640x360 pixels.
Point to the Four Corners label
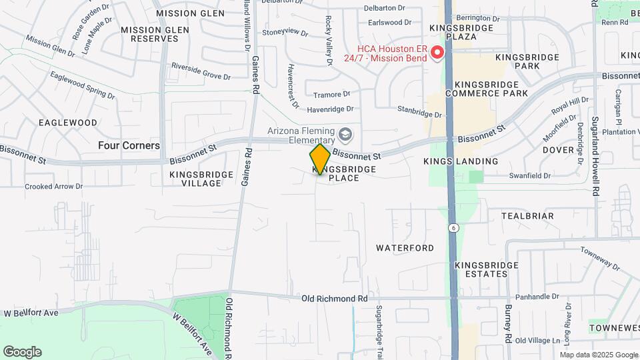pos(129,145)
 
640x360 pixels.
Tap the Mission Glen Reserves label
pos(150,34)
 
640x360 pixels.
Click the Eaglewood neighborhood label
pos(68,123)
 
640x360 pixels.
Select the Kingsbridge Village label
pos(201,179)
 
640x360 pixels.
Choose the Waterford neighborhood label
pos(405,248)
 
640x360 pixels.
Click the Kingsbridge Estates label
pos(487,269)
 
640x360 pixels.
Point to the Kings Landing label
pos(461,161)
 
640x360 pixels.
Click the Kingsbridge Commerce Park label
pos(491,89)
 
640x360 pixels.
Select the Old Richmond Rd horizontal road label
pos(334,299)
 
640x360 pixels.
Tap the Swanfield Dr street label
pos(528,176)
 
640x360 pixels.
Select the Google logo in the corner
pos(22,352)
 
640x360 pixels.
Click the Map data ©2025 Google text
pos(598,354)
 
